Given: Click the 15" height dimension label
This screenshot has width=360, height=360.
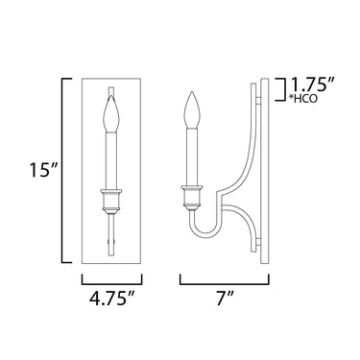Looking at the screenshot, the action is tap(43, 170).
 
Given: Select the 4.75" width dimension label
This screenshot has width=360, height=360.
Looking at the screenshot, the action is tap(112, 300).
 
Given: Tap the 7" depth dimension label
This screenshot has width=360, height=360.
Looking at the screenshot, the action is tap(224, 300).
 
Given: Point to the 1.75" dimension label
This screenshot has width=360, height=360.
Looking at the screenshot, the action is tap(312, 85).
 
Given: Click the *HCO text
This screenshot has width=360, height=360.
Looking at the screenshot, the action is tap(303, 98).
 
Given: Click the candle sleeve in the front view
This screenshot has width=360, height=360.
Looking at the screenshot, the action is tap(111, 160).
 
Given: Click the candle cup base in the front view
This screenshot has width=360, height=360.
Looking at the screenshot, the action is tap(111, 201).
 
